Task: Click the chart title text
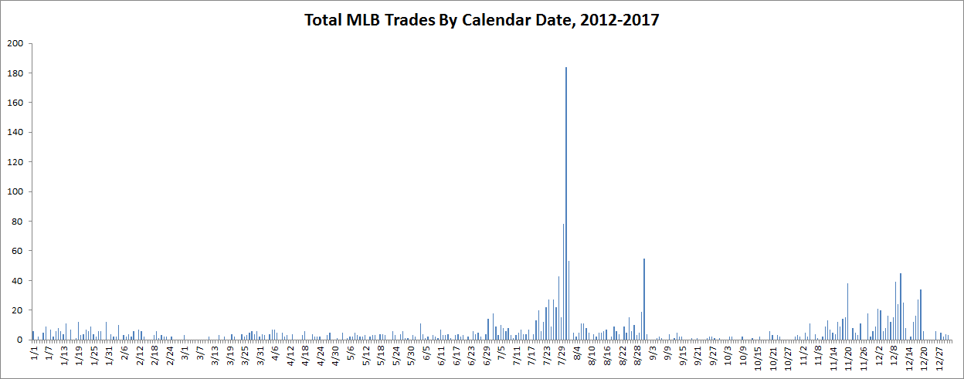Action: (x=482, y=20)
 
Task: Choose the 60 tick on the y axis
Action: (x=17, y=251)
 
